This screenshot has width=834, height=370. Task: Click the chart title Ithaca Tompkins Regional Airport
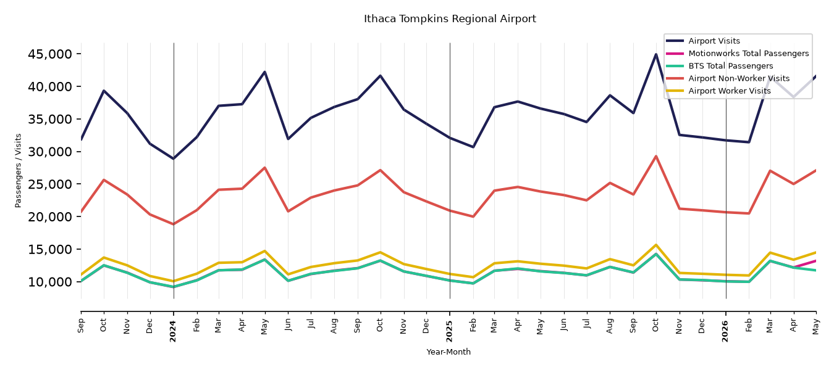coord(450,19)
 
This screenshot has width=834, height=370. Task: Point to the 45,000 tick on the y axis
coord(50,54)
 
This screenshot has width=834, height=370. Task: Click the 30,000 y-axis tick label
coord(50,152)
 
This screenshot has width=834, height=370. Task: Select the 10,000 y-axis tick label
coord(50,282)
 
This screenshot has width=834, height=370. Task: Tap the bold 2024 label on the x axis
coord(173,331)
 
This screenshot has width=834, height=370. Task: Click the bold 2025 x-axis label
coord(449,331)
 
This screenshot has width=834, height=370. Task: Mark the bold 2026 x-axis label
coord(725,331)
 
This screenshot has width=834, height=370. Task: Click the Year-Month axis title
coord(449,351)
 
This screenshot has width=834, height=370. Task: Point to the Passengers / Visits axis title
coord(19,171)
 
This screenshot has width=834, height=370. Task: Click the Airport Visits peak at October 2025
coord(656,54)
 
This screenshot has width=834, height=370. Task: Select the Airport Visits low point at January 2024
coord(174,158)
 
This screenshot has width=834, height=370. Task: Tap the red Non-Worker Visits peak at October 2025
coord(656,156)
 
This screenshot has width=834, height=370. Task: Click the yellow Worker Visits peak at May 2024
coord(265,251)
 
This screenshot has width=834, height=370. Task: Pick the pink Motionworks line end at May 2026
coord(815,261)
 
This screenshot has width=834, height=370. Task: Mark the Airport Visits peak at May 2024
coord(265,72)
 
